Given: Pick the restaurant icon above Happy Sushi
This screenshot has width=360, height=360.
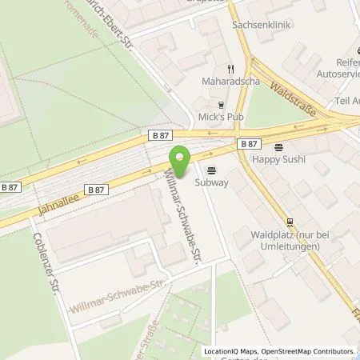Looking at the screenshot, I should (279, 147).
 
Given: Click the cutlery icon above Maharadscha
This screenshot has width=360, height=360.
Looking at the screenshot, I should (231, 69).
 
